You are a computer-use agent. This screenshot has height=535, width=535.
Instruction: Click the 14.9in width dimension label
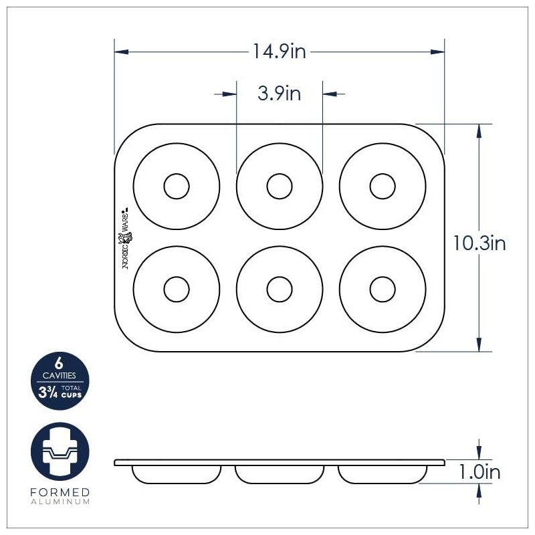(279, 51)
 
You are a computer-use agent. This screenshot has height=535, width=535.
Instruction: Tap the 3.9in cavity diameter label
(279, 94)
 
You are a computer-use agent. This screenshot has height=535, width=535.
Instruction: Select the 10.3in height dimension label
(479, 243)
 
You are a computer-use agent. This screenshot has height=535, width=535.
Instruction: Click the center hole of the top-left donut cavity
(177, 186)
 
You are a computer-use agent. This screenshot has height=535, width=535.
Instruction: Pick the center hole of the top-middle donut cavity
(280, 186)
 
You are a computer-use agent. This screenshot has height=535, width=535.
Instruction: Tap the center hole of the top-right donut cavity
(383, 186)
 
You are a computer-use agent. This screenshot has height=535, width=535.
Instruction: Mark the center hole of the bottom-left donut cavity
(177, 289)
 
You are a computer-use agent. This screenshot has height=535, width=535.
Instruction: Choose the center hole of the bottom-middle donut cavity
(280, 289)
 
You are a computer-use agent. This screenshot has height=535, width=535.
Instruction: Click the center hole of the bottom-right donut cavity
(383, 289)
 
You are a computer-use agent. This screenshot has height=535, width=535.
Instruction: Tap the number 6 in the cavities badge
(59, 364)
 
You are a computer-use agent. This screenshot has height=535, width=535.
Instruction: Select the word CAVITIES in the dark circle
(59, 376)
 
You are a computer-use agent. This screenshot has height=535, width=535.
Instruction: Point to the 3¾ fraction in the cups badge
(47, 391)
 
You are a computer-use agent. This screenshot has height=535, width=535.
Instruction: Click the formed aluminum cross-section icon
(60, 452)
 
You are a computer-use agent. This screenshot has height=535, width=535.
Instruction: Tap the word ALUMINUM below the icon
(60, 501)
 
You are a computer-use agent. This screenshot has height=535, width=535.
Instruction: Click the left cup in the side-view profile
(177, 474)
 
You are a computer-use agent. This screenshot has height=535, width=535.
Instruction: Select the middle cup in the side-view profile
(280, 474)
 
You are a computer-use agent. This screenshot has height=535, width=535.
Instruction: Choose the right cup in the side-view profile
(383, 474)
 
